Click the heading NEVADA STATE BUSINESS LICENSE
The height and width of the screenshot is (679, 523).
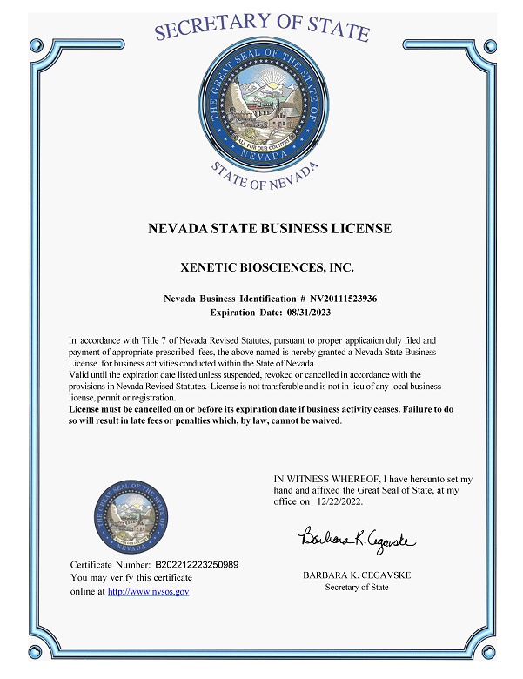click(270, 229)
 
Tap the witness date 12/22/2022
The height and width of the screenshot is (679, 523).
click(339, 502)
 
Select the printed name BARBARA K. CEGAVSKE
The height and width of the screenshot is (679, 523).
click(357, 575)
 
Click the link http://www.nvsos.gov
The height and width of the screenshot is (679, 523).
click(148, 591)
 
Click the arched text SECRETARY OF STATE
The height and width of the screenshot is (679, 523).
click(261, 26)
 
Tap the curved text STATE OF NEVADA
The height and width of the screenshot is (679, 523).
click(265, 177)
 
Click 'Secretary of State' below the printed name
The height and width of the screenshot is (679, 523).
click(357, 588)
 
